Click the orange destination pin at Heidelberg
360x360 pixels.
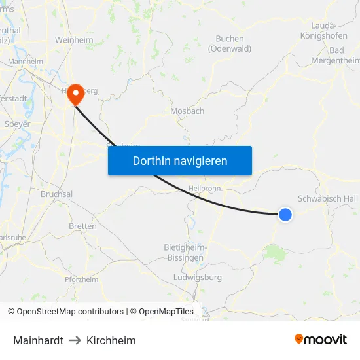(76, 94)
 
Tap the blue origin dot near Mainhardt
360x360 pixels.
(285, 214)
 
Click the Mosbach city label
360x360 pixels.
(187, 111)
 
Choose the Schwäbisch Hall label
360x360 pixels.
(328, 198)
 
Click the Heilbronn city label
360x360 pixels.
(206, 188)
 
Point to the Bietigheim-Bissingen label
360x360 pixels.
(185, 253)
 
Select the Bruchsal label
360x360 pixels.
(56, 194)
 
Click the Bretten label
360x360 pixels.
(82, 226)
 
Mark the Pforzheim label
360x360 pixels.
(81, 279)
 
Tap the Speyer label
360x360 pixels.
(17, 124)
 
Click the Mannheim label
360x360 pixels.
(26, 62)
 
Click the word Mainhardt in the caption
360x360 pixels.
(38, 340)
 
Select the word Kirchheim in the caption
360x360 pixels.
(111, 340)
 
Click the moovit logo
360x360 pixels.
(321, 340)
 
